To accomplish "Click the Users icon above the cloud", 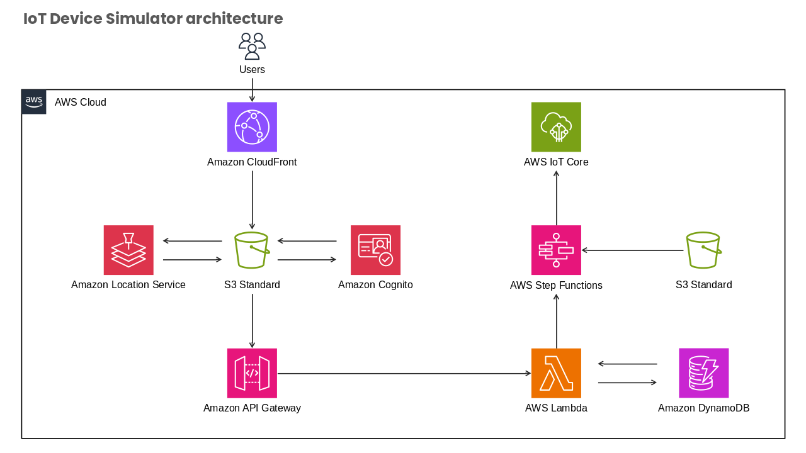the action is click(252, 46).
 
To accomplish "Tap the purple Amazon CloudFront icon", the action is click(252, 127).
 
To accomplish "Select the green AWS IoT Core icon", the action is click(556, 127).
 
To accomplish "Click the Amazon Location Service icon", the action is click(128, 250).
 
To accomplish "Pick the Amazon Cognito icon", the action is click(375, 250).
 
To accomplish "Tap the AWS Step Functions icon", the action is click(556, 250).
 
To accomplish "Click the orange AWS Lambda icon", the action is click(556, 373).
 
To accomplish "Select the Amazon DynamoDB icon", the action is click(703, 373).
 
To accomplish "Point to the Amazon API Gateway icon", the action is click(252, 373).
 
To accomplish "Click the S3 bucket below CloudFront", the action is click(252, 250).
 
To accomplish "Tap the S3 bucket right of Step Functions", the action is click(703, 250).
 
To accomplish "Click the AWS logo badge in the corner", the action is click(34, 102).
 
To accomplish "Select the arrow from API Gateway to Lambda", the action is click(404, 374).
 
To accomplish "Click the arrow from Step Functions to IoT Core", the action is click(556, 198).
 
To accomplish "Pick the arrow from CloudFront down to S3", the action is click(253, 200).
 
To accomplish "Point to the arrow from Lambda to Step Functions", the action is click(556, 321).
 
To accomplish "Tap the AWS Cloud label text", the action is click(80, 102).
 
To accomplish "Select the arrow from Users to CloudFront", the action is click(253, 90).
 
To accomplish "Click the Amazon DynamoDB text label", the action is click(703, 408).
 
